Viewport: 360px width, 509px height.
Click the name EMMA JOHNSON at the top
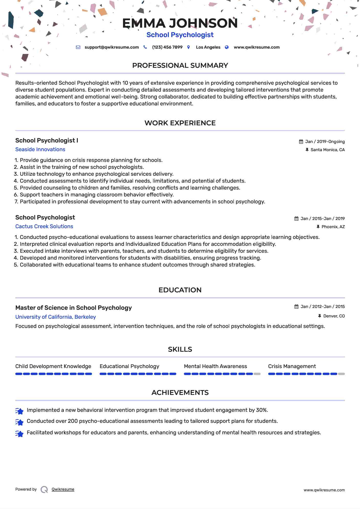[180, 23]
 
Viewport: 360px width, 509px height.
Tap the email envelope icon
[78, 47]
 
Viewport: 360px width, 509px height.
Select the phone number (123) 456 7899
[167, 47]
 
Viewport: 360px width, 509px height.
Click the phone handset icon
[145, 47]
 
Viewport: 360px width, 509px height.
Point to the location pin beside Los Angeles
[189, 47]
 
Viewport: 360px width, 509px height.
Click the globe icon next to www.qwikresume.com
[227, 47]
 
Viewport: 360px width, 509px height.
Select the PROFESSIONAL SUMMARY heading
[180, 65]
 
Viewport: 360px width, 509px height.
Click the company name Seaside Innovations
[40, 149]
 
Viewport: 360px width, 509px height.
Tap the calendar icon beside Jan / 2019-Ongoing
[301, 142]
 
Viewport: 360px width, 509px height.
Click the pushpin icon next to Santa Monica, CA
[307, 150]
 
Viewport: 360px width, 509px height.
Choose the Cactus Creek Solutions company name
[44, 226]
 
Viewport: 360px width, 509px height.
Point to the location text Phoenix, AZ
[333, 227]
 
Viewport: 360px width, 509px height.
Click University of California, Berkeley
[56, 317]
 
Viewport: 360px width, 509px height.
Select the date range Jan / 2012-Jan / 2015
[322, 307]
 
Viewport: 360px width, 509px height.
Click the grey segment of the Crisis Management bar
[341, 374]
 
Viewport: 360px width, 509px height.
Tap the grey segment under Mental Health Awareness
[257, 374]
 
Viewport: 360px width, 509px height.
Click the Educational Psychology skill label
[129, 366]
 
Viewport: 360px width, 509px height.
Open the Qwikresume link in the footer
[63, 489]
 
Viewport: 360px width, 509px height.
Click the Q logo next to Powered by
[44, 490]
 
